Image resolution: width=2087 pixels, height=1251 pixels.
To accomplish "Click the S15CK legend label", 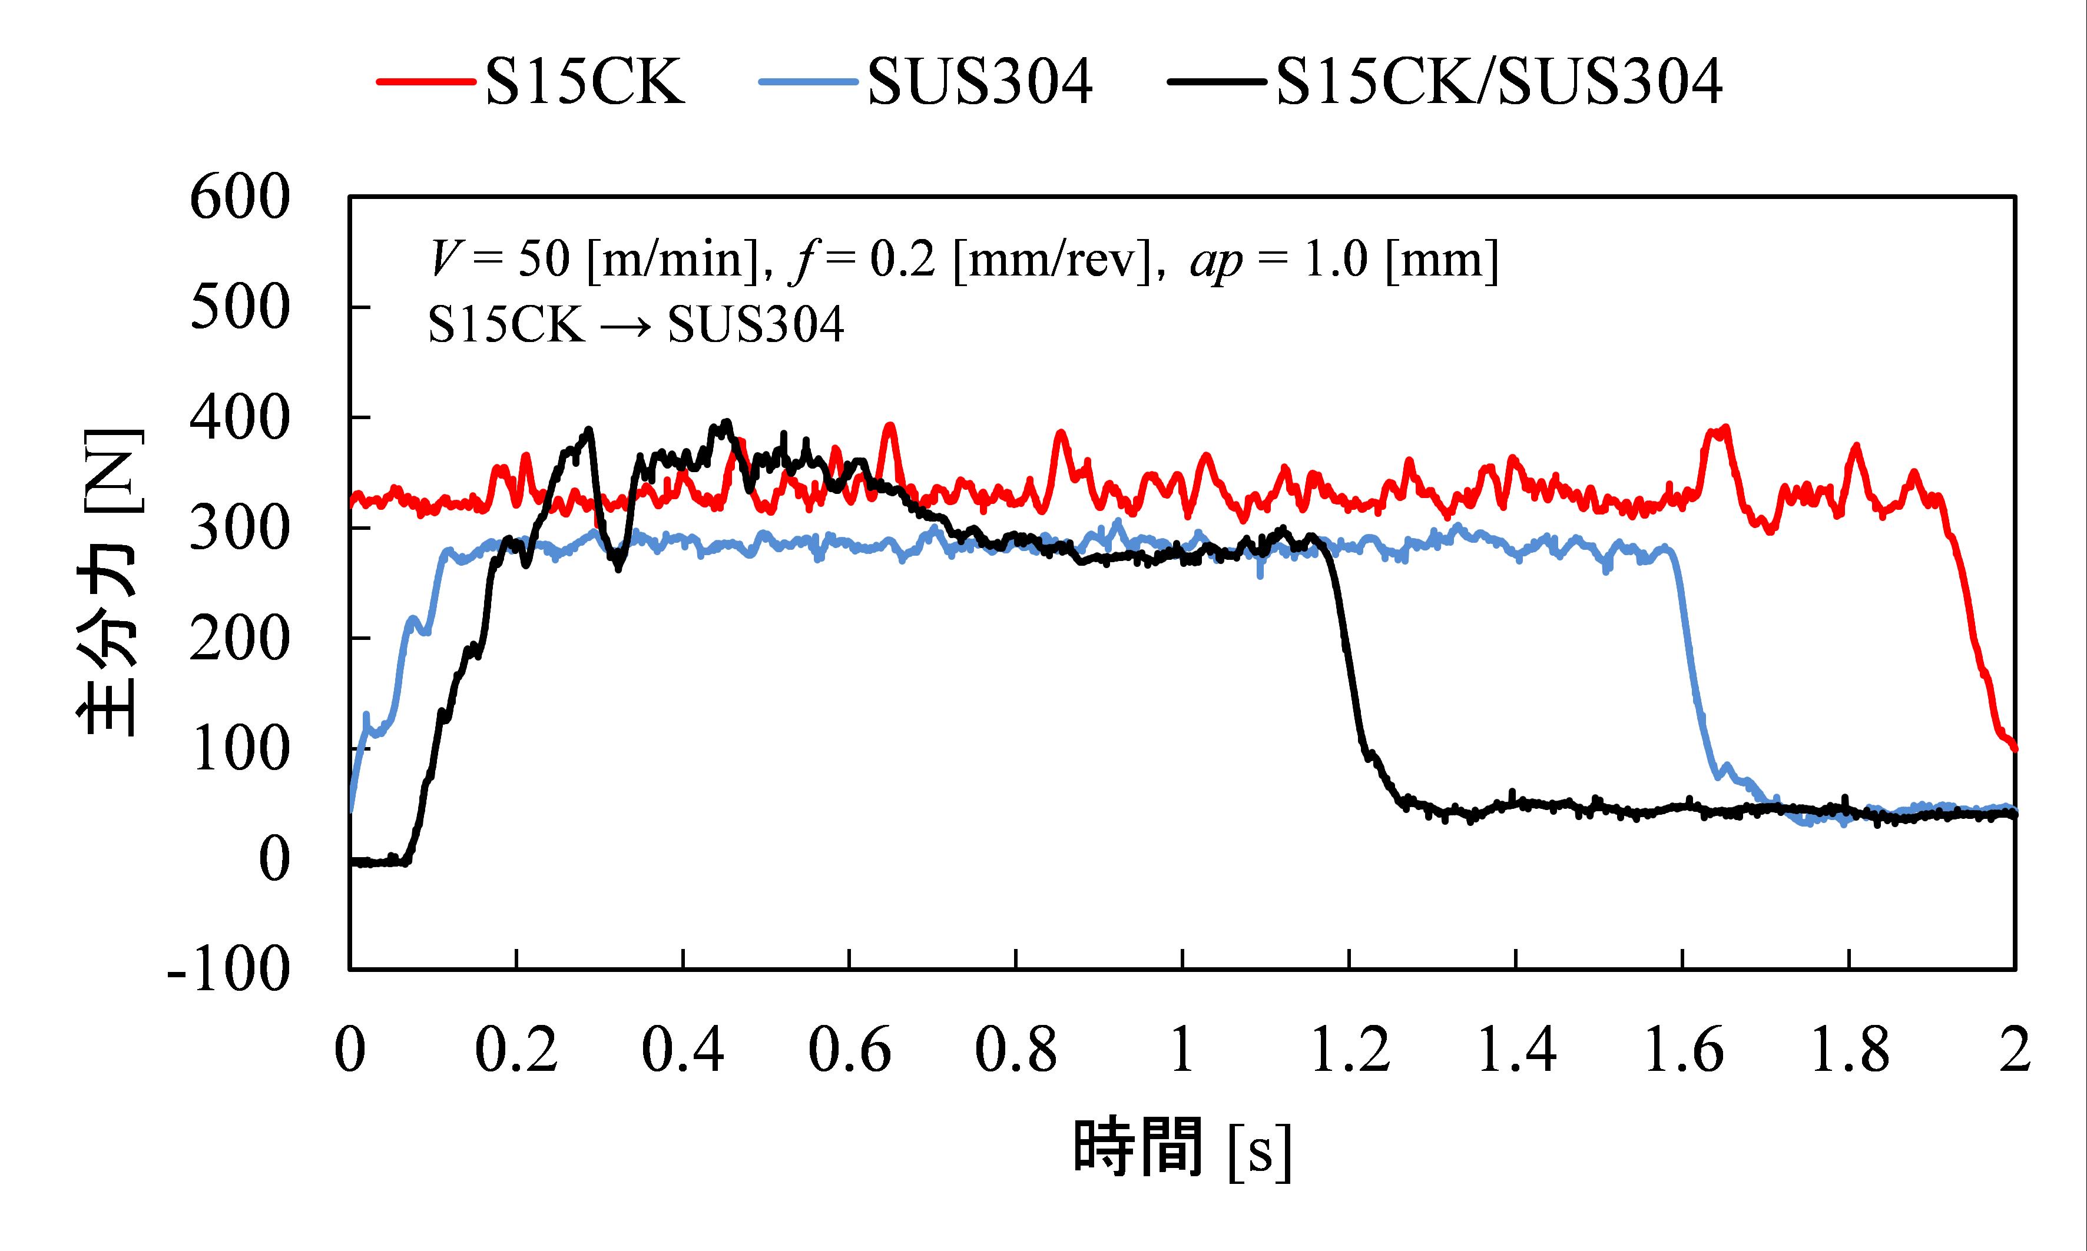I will pos(584,82).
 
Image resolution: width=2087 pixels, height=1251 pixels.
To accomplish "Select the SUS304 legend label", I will pos(980,82).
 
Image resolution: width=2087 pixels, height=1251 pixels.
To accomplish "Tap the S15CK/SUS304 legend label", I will pos(1499,82).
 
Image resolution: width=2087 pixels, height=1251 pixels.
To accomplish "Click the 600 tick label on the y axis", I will pos(240,199).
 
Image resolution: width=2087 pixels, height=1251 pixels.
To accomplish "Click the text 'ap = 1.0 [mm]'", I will pos(1344,260).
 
